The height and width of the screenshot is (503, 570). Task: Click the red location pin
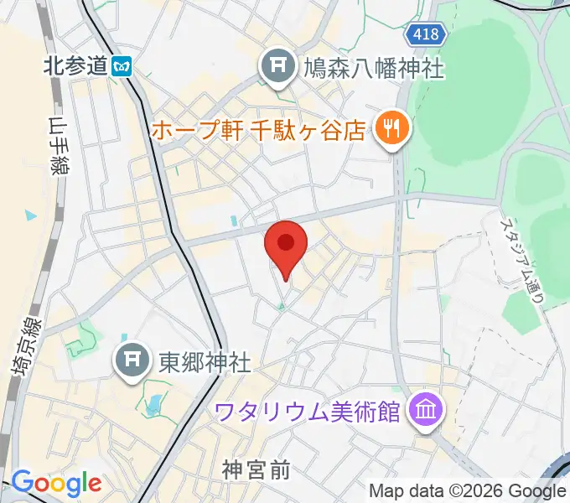286,244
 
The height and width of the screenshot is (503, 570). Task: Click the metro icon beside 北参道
123,65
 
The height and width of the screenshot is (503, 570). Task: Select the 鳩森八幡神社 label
373,66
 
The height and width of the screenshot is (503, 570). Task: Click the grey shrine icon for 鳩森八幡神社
277,67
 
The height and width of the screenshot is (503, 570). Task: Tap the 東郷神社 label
205,362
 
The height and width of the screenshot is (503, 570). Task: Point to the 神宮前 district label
256,469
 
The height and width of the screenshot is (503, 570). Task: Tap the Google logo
56,483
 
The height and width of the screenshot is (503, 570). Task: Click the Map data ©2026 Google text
467,490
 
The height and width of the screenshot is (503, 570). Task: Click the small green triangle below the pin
282,308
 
